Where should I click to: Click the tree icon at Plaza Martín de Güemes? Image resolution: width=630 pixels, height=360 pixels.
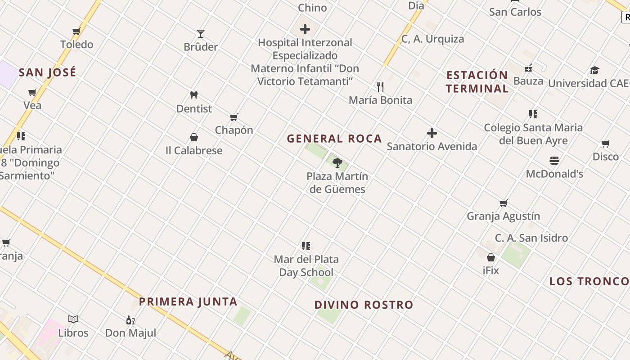click(x=337, y=162)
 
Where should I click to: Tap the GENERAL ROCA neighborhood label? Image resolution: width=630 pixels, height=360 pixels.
click(x=334, y=139)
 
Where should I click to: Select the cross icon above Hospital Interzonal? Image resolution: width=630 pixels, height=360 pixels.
click(x=305, y=30)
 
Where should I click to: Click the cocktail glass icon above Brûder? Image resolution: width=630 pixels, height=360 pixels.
click(x=201, y=33)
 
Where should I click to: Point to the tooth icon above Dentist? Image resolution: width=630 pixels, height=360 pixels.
click(x=194, y=95)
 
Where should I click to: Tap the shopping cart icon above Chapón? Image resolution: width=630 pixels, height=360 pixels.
click(x=234, y=117)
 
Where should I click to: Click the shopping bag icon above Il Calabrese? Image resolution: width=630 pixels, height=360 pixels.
click(x=194, y=137)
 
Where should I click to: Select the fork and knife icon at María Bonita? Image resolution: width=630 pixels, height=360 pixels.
click(x=380, y=87)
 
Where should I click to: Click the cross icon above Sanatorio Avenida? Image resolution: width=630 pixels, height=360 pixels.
click(x=432, y=133)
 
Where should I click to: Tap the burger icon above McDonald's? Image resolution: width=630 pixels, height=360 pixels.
click(x=554, y=161)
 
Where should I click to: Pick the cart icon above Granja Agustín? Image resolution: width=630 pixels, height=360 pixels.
click(x=504, y=203)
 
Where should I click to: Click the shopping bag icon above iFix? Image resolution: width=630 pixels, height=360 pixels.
click(x=491, y=257)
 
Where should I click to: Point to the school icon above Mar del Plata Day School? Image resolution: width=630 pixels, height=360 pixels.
click(x=306, y=246)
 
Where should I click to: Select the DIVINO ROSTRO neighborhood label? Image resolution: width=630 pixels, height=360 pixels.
click(x=364, y=305)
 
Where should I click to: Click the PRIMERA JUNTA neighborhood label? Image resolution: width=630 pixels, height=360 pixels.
click(x=188, y=301)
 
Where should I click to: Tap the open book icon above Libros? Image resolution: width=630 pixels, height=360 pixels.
click(x=73, y=319)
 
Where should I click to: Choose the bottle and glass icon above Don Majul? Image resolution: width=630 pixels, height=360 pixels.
click(x=130, y=320)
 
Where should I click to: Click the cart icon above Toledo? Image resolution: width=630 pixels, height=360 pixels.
click(x=76, y=31)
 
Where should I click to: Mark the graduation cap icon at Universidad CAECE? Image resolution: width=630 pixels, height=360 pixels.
click(x=595, y=70)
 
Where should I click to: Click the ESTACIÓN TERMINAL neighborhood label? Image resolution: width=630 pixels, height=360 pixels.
click(x=477, y=81)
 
